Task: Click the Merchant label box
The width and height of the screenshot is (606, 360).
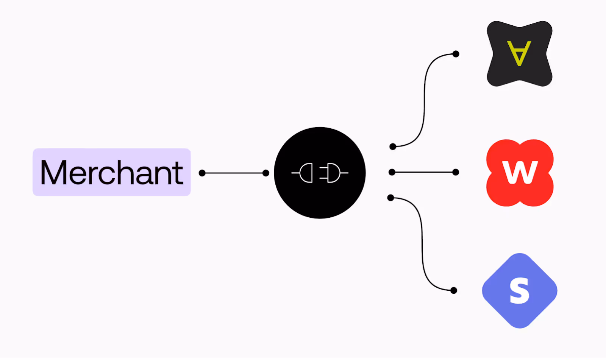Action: coord(111,172)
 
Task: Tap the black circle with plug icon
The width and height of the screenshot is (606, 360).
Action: coord(320,197)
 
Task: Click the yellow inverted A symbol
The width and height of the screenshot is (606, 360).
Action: coord(519,53)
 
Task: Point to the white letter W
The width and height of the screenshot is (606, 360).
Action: coord(520,172)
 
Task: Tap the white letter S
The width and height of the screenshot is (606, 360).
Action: coord(519,290)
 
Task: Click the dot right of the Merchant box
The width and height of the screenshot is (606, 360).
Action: coord(202,173)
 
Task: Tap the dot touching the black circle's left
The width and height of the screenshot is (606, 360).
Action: coord(266,173)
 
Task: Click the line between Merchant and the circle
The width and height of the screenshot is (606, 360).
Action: coord(234,173)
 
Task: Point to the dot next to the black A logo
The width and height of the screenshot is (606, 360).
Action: coord(456,54)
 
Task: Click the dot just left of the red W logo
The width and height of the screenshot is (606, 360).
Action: coord(456,172)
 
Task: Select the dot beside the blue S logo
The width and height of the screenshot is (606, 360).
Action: coord(454,290)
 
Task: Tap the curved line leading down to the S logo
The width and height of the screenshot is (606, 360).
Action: coord(422,242)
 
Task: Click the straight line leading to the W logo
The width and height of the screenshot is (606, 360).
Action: coord(424,172)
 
